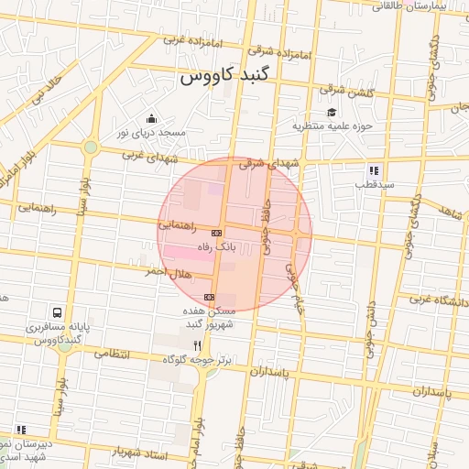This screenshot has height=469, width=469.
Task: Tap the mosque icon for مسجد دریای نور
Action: pyautogui.click(x=151, y=119)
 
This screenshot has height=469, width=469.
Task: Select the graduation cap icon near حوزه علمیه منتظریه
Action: pyautogui.click(x=331, y=112)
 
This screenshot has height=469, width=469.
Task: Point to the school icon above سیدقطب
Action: pyautogui.click(x=374, y=170)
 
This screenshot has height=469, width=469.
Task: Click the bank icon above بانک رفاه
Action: pyautogui.click(x=216, y=233)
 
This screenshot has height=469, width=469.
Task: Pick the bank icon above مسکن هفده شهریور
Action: pyautogui.click(x=210, y=298)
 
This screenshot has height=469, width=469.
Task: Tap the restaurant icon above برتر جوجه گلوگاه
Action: pyautogui.click(x=197, y=346)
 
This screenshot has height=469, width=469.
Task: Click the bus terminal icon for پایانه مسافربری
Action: pyautogui.click(x=59, y=313)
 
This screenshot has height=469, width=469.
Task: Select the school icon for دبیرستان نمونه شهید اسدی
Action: pyautogui.click(x=20, y=430)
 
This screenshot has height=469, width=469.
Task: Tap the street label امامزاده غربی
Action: pyautogui.click(x=189, y=41)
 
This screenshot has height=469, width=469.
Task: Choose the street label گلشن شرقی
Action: pyautogui.click(x=346, y=91)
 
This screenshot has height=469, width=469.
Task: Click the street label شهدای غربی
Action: pyautogui.click(x=147, y=157)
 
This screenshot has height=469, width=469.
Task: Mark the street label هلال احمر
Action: pyautogui.click(x=166, y=272)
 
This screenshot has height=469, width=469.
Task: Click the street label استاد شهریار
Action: pyautogui.click(x=138, y=453)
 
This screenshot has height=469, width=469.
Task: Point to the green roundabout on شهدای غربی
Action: pyautogui.click(x=90, y=147)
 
